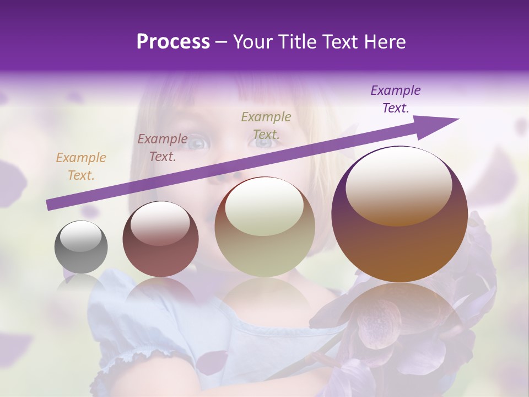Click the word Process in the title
[173, 42]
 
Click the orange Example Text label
[81, 166]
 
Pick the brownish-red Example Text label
[163, 147]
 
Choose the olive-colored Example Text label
[266, 125]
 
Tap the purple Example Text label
[396, 99]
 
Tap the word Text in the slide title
[341, 42]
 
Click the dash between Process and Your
[221, 42]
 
